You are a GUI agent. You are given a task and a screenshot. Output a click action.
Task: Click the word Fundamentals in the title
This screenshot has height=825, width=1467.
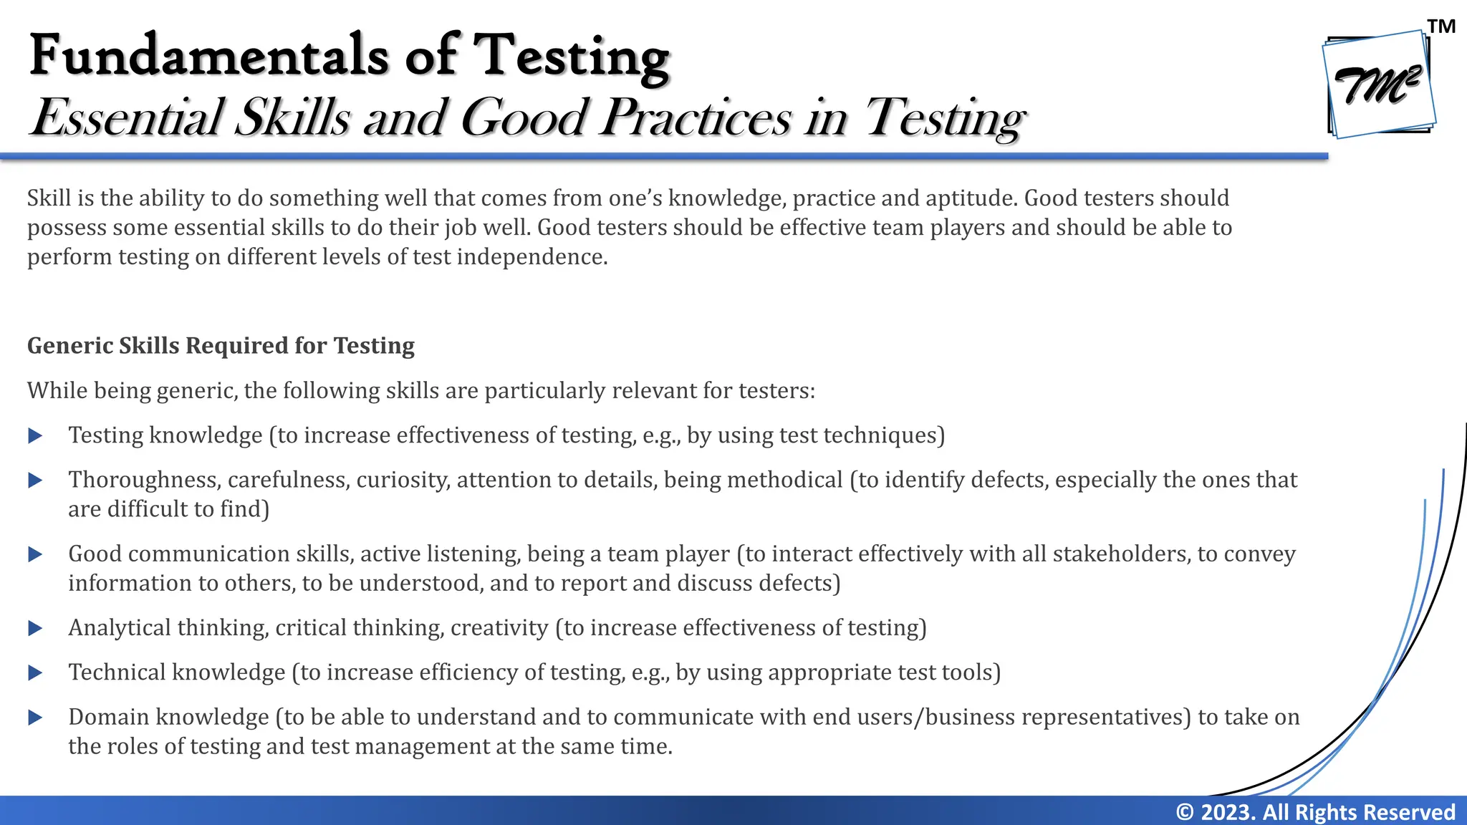tap(208, 56)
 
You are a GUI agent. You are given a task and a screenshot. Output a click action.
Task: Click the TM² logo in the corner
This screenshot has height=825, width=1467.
tap(1379, 85)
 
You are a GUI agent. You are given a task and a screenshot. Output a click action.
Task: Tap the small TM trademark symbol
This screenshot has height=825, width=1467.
tap(1441, 26)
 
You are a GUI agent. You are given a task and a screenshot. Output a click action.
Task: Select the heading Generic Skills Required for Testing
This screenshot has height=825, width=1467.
tap(221, 346)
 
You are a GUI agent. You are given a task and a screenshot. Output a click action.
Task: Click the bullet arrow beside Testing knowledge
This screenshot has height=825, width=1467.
tap(35, 435)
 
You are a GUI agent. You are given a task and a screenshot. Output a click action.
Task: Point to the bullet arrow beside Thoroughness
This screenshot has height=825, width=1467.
tap(35, 481)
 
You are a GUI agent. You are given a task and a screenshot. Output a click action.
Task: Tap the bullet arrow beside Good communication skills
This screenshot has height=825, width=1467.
tap(35, 554)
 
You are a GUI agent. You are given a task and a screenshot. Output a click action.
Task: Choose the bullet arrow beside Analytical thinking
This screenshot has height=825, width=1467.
tap(35, 628)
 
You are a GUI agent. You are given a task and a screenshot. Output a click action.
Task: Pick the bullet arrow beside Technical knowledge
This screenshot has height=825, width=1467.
tap(35, 673)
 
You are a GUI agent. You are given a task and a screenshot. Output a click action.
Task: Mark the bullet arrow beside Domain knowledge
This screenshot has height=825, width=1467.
tap(35, 718)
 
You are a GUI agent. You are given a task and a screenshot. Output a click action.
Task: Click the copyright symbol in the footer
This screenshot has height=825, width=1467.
tap(1185, 812)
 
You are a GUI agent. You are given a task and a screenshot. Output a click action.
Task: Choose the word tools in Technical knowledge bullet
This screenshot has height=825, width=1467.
tap(967, 672)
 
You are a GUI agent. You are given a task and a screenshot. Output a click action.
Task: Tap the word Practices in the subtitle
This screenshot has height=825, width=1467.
tap(696, 118)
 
